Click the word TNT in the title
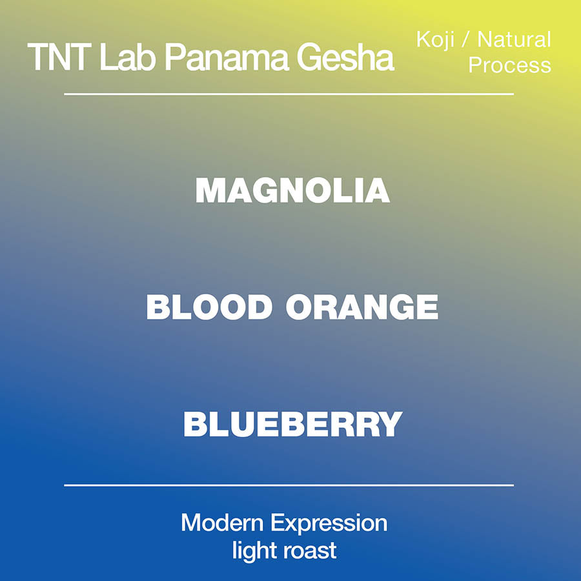59,57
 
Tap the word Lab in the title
127,57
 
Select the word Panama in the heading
227,57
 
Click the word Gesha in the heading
345,57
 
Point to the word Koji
435,40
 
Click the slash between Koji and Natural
465,39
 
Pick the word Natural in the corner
514,39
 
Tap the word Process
509,65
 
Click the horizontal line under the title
289,94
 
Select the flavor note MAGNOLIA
292,190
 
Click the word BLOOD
209,307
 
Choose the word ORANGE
362,307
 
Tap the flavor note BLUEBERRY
292,424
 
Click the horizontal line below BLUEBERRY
289,485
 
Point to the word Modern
222,523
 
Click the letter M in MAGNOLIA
210,190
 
